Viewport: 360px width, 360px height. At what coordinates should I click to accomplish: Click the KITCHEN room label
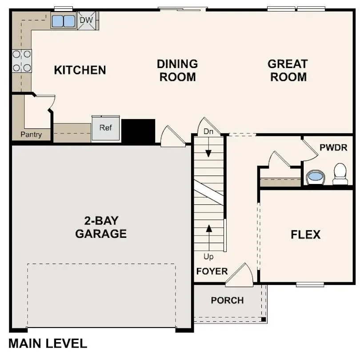coord(80,70)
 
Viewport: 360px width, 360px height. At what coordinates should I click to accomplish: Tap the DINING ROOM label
coord(177,70)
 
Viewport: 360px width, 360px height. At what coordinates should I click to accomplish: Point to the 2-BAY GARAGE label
coord(101,227)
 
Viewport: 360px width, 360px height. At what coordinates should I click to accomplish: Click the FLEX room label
coord(306,235)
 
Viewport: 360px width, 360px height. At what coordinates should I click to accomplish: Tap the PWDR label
coord(333,147)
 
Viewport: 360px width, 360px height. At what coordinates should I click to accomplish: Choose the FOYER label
coord(212,271)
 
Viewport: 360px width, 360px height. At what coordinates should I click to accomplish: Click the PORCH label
coord(227,300)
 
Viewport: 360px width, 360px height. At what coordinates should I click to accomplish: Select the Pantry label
coord(31,134)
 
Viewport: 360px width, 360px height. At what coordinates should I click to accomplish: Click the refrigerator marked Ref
coord(106,128)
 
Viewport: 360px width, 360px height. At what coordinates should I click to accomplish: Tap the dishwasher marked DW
coord(87,20)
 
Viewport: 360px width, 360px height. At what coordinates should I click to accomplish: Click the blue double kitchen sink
coord(63,21)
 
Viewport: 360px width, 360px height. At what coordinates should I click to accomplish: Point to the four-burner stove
coord(22,61)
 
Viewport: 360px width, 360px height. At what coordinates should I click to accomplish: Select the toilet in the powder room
coord(340,173)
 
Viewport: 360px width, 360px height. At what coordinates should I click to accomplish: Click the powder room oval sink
coord(316,176)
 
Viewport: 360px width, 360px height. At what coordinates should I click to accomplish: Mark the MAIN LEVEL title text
coord(48,344)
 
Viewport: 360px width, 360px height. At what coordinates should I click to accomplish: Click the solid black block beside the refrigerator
coord(138,131)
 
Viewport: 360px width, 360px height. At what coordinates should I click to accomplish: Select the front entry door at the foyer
coord(240,274)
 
